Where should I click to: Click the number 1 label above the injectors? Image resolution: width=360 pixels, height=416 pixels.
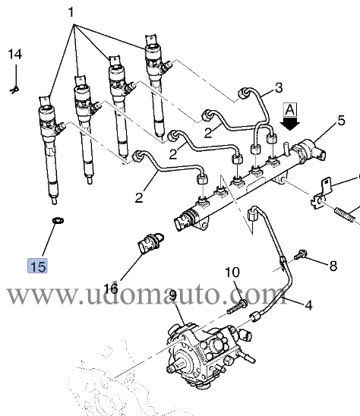pyautogui.click(x=72, y=13)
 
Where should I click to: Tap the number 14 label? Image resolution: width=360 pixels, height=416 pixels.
pyautogui.click(x=15, y=55)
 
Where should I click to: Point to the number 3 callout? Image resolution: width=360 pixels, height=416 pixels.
pyautogui.click(x=278, y=87)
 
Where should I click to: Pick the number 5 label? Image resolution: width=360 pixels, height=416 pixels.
pyautogui.click(x=341, y=119)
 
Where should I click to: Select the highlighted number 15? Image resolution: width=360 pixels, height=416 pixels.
pyautogui.click(x=37, y=266)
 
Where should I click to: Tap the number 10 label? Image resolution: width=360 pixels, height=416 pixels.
pyautogui.click(x=232, y=273)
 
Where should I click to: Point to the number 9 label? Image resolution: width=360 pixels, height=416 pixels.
pyautogui.click(x=172, y=295)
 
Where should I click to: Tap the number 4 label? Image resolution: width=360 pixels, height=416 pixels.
pyautogui.click(x=308, y=307)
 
